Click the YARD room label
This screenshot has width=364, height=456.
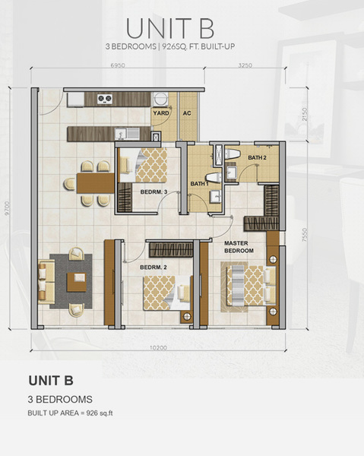tap(161, 113)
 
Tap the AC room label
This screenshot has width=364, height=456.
tap(187, 113)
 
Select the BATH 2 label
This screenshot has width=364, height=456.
tap(258, 157)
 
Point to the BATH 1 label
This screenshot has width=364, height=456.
tap(199, 184)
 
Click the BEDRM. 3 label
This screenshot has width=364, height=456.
tap(154, 192)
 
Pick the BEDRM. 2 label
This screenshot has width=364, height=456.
tap(154, 268)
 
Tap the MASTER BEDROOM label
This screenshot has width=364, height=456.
tap(239, 247)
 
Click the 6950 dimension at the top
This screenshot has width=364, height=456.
tap(118, 65)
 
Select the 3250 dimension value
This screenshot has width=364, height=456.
tap(245, 65)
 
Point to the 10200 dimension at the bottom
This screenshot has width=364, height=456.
tap(159, 348)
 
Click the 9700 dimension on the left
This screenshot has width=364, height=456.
tap(8, 209)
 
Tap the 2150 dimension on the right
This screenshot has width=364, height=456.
tap(305, 114)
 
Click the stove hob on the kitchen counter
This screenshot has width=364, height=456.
tap(105, 99)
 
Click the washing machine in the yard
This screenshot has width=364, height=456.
tap(160, 99)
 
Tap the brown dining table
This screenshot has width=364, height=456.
tap(96, 183)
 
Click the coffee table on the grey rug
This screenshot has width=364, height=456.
tap(77, 282)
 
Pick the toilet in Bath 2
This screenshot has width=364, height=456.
tap(232, 154)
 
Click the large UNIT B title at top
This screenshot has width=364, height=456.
tap(170, 29)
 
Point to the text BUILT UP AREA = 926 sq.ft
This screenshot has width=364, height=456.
tap(70, 413)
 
